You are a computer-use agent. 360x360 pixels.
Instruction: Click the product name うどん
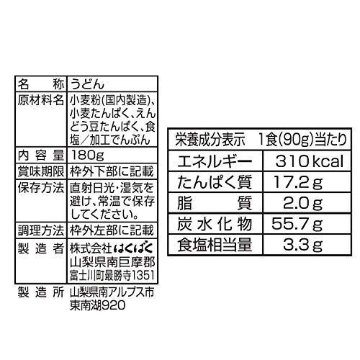[87, 84]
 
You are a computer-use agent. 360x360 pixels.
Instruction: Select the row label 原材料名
[41, 100]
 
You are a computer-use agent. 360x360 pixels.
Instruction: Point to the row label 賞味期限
[41, 171]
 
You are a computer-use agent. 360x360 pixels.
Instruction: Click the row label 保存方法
[41, 188]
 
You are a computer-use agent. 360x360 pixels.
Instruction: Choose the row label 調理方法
[41, 230]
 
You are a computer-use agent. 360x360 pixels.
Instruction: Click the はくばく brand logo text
[133, 248]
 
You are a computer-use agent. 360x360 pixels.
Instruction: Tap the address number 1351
[143, 275]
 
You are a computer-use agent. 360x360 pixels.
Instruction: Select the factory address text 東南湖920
[98, 305]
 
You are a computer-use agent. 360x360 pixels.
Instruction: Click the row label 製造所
[41, 292]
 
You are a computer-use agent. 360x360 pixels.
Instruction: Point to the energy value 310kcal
[310, 161]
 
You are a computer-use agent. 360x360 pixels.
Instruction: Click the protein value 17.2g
[298, 182]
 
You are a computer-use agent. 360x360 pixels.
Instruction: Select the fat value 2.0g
[303, 204]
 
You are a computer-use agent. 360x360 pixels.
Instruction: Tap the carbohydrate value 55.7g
[297, 225]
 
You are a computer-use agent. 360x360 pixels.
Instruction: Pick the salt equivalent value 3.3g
[303, 245]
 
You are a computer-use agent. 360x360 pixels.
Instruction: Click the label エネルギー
[215, 161]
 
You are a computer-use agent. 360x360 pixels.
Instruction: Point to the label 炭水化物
[215, 224]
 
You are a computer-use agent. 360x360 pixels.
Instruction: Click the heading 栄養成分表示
[210, 140]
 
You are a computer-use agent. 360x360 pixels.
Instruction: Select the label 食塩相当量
[215, 245]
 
